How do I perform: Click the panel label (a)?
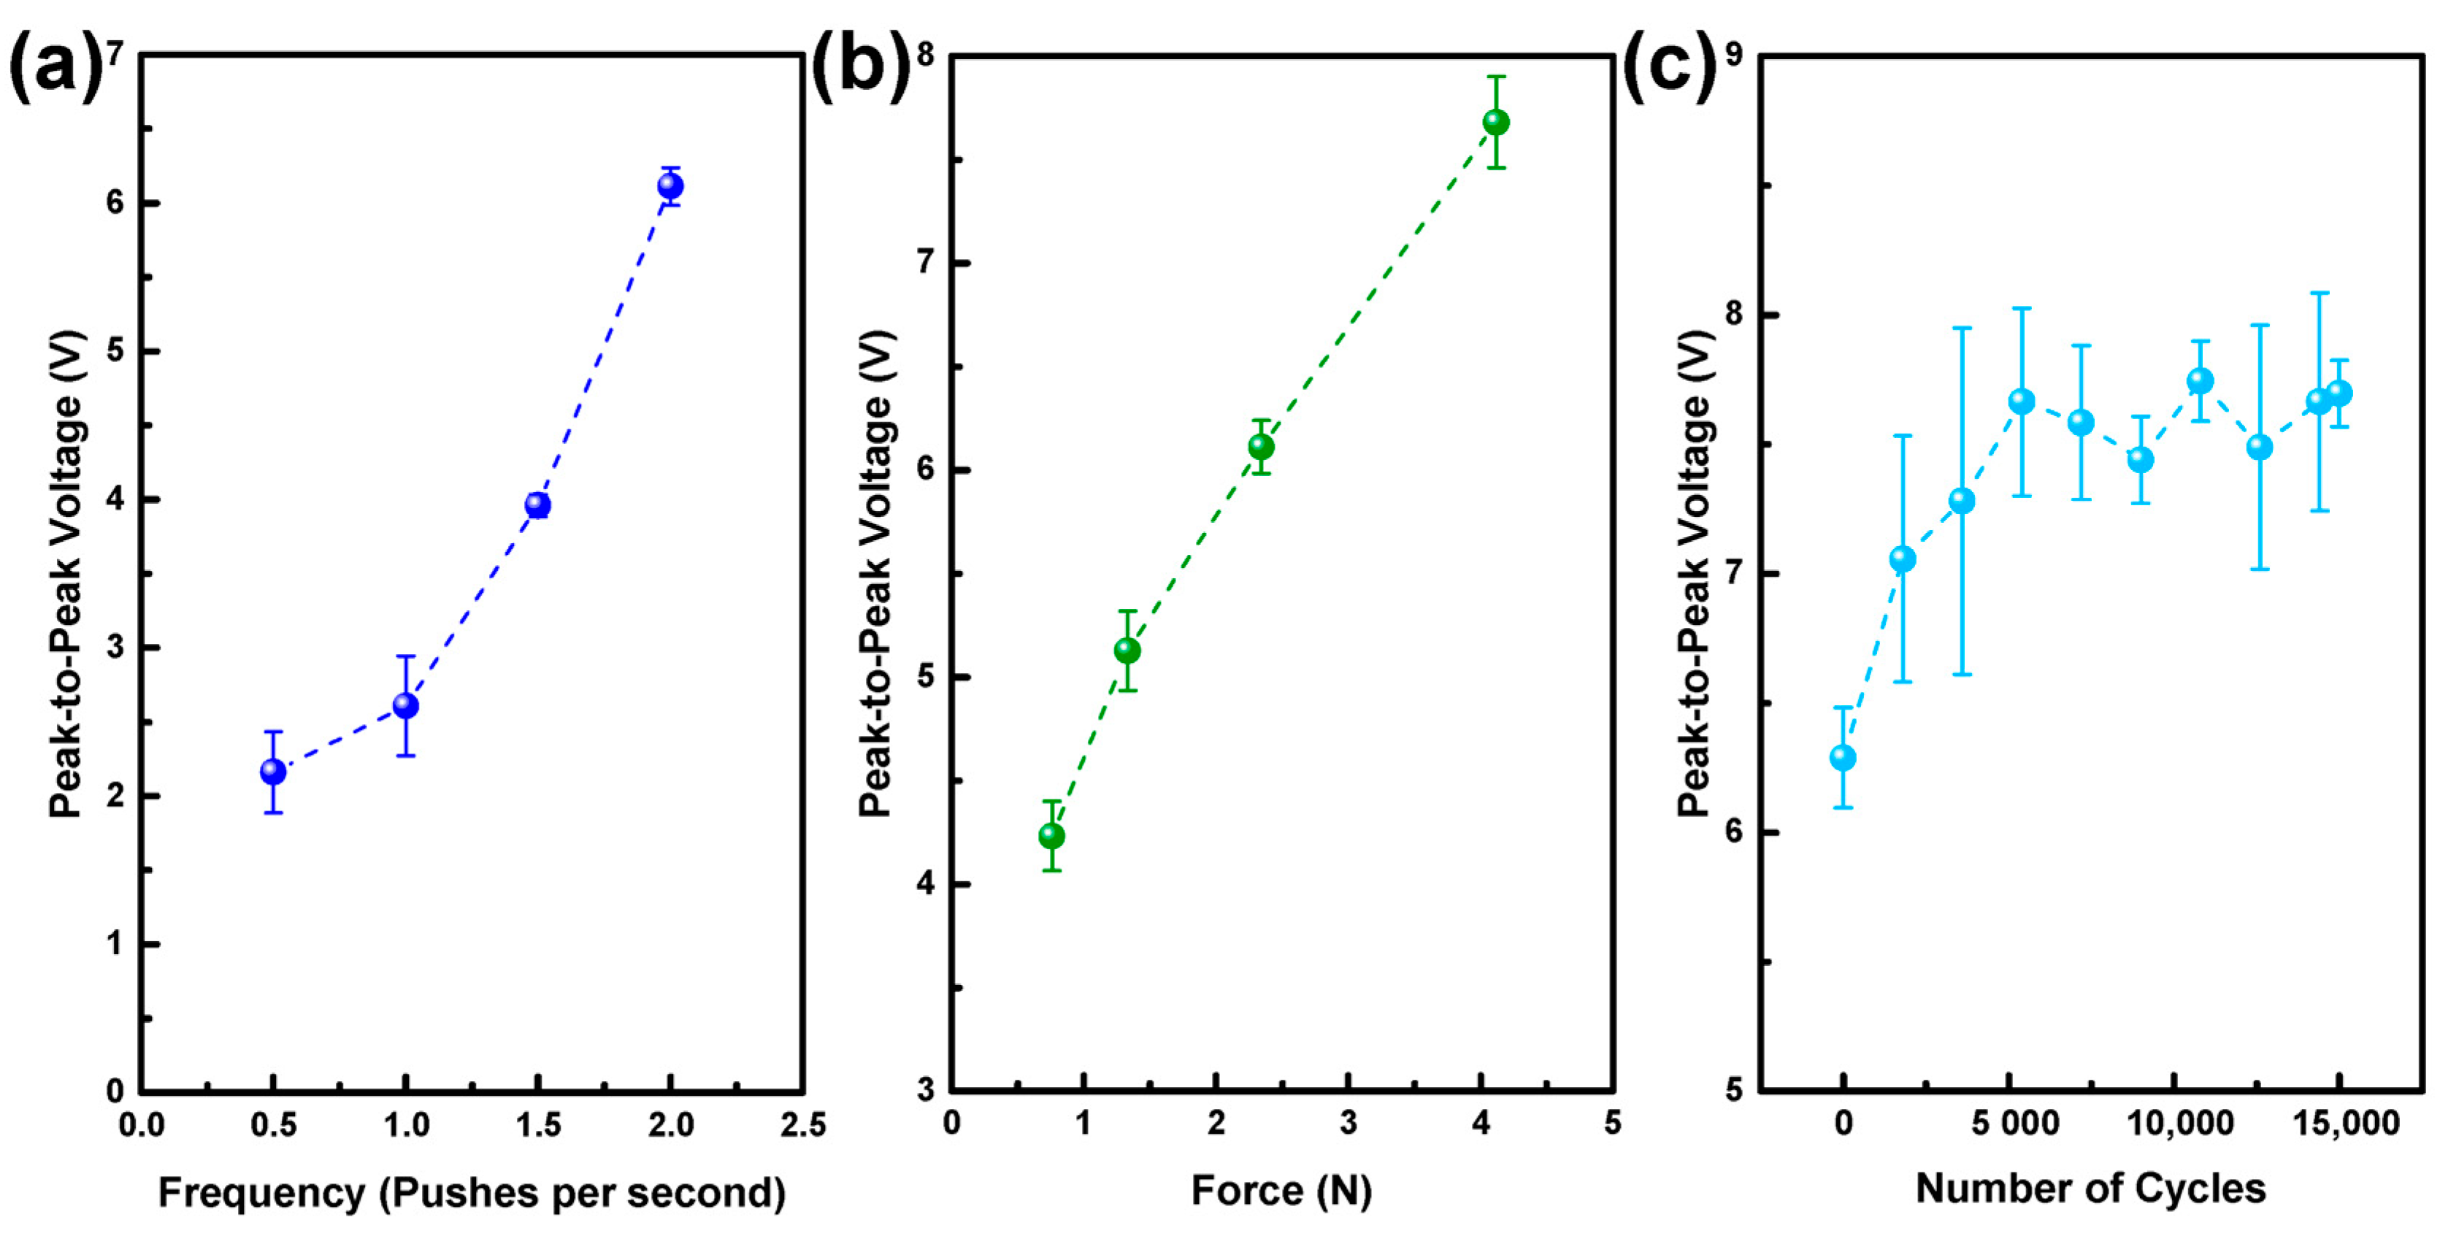tap(55, 65)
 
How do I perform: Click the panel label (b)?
tap(861, 65)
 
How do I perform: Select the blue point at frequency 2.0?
tap(670, 185)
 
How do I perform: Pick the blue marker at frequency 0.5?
tap(273, 770)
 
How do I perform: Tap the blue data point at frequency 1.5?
tap(537, 505)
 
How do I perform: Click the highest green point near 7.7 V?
tap(1496, 122)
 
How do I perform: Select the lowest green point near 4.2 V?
tap(1051, 836)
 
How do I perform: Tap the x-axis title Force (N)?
tap(1281, 1190)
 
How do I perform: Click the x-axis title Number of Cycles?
tap(2090, 1189)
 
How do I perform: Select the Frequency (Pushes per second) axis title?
tap(472, 1193)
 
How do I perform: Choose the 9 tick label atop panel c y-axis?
tap(1735, 55)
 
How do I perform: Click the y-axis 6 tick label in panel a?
tap(115, 203)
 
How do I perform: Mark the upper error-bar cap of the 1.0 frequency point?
tap(406, 656)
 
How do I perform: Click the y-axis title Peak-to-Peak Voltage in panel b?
tap(875, 572)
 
